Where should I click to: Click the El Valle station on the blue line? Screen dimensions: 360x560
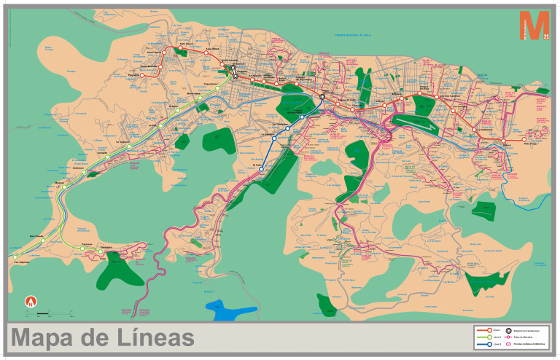point(261,168)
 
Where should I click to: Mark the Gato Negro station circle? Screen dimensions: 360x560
point(175,50)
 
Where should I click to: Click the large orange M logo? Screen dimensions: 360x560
point(533,28)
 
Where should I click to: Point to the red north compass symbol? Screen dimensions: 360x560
point(31,300)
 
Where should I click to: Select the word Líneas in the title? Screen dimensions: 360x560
point(154,338)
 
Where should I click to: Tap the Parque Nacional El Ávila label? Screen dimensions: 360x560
point(353,34)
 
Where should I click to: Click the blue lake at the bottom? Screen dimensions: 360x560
point(231,310)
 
